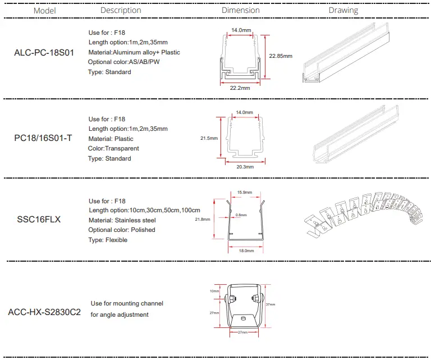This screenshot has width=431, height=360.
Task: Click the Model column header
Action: [45, 11]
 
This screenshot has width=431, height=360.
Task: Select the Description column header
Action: [121, 10]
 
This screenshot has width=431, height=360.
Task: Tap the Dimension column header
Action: [240, 10]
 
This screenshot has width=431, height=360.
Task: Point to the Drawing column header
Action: [343, 10]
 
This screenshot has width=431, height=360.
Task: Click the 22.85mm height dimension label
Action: [281, 56]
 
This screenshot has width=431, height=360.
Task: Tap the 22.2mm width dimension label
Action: [240, 88]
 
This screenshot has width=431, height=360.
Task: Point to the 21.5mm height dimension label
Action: [208, 138]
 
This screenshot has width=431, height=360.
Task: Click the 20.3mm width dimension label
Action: [245, 167]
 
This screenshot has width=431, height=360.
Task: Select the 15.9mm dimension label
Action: [245, 193]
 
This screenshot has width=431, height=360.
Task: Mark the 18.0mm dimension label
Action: [244, 251]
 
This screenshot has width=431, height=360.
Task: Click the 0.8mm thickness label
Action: [241, 215]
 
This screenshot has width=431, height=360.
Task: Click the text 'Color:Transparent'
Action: [113, 148]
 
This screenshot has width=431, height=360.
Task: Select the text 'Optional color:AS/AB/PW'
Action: [123, 62]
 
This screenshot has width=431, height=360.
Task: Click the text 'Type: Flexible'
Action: [108, 240]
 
